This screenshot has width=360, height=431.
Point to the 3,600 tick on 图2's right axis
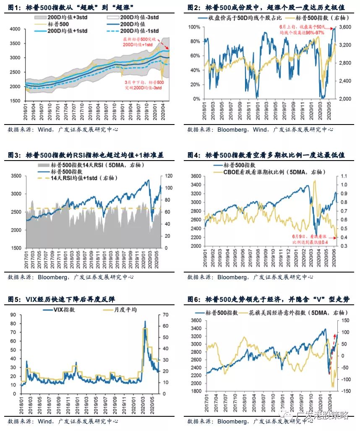[x=344, y=27]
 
